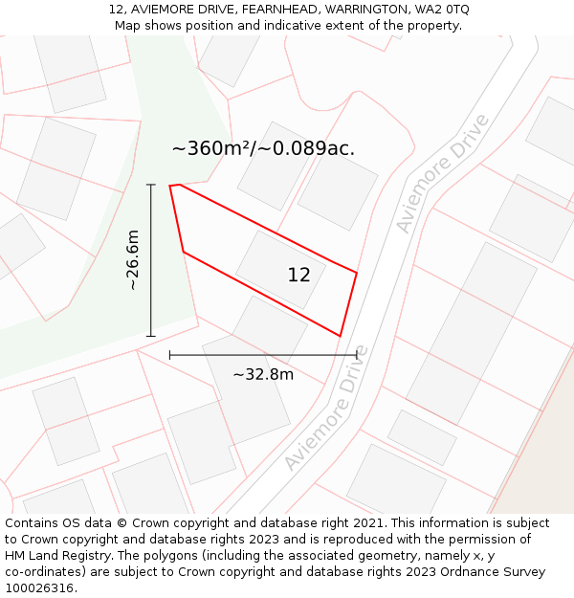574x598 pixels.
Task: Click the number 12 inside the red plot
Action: (298, 275)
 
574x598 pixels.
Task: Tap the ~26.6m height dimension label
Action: (133, 259)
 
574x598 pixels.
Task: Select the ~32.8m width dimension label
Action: (263, 374)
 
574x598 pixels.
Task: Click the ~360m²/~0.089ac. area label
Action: (263, 148)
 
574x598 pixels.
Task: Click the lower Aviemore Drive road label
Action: (326, 407)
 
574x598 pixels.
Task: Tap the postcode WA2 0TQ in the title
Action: (441, 9)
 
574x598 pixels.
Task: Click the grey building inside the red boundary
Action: (280, 269)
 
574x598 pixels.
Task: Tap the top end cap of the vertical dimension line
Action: (151, 185)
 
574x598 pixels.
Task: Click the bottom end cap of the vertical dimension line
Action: (151, 336)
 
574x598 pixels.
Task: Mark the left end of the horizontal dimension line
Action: (170, 355)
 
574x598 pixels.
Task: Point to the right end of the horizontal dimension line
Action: (357, 355)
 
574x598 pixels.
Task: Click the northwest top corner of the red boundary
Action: (170, 186)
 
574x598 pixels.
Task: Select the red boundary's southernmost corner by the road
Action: (341, 336)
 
